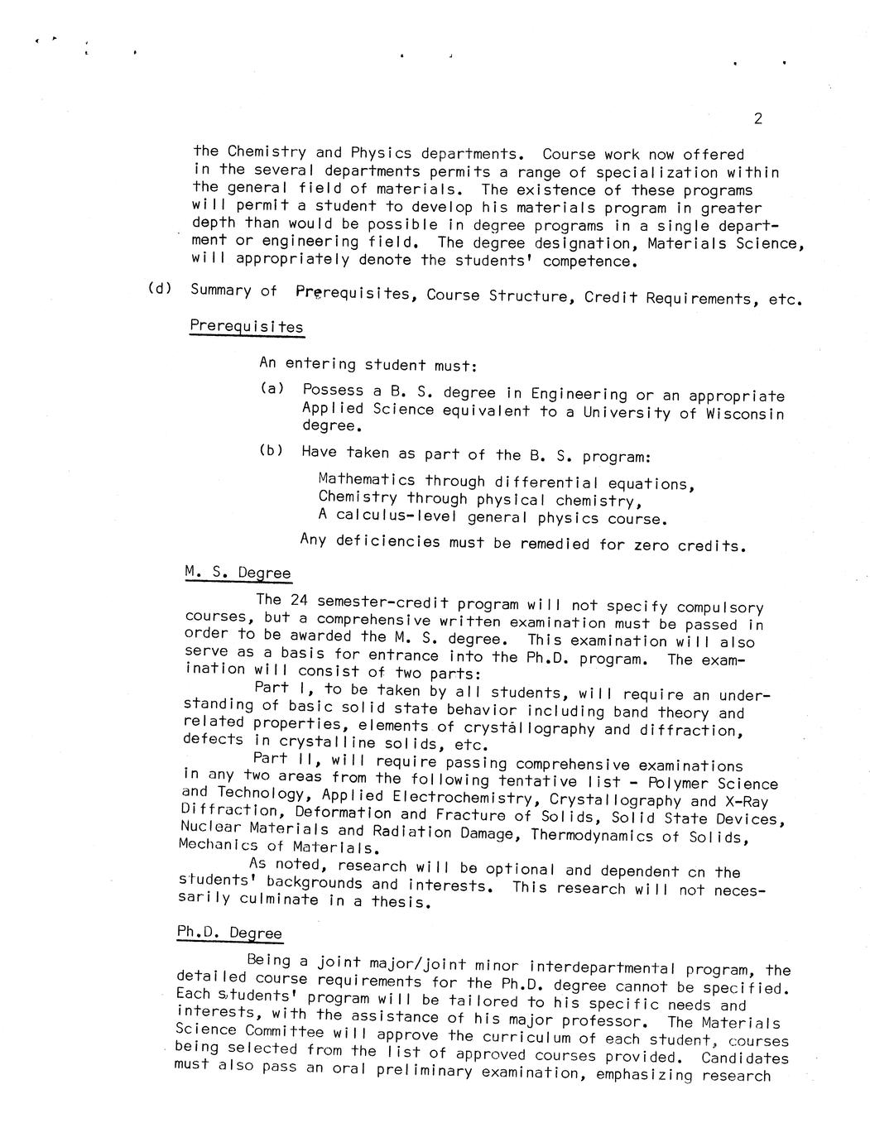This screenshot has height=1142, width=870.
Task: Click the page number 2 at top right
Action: pyautogui.click(x=757, y=118)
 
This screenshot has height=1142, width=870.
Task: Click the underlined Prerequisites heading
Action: pyautogui.click(x=246, y=325)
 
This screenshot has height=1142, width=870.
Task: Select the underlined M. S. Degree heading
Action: pyautogui.click(x=237, y=572)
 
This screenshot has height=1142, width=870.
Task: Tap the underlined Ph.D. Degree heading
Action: pyautogui.click(x=229, y=932)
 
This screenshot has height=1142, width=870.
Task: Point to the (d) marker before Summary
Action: pyautogui.click(x=159, y=288)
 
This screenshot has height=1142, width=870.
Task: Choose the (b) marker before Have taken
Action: pyautogui.click(x=271, y=450)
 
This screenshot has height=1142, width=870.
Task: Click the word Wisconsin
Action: pyautogui.click(x=744, y=414)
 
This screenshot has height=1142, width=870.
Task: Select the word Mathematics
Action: pyautogui.click(x=367, y=479)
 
